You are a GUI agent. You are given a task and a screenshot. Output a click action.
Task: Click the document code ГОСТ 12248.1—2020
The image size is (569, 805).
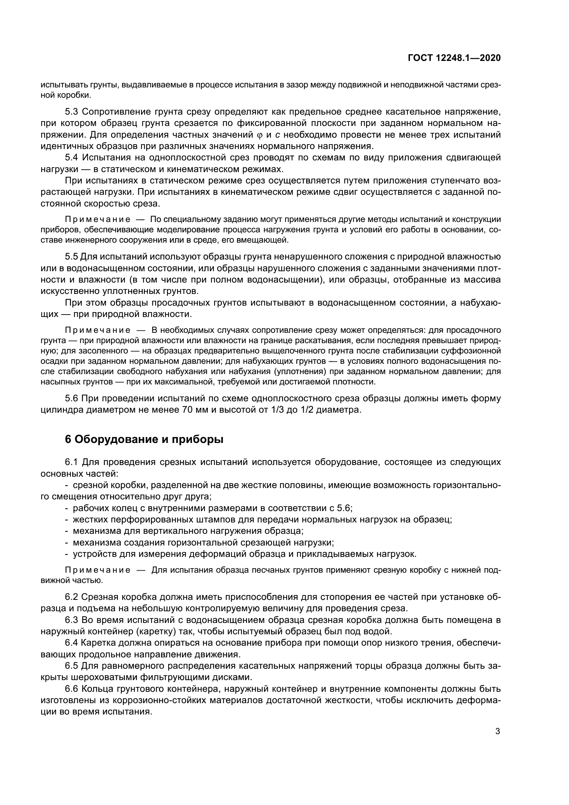pyautogui.click(x=454, y=58)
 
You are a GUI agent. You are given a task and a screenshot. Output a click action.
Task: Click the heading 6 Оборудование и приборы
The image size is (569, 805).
pyautogui.click(x=144, y=439)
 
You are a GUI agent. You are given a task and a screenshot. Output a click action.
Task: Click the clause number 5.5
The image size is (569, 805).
pyautogui.click(x=71, y=257)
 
